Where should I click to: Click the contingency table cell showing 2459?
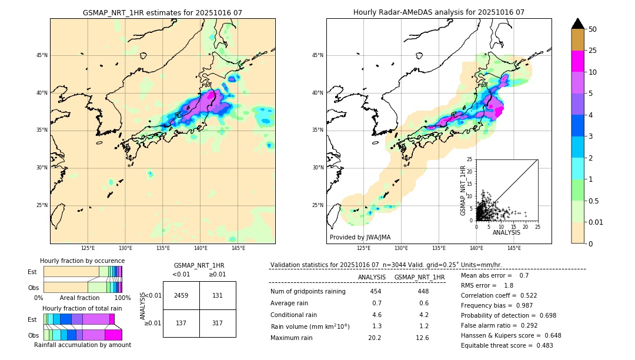point(181,295)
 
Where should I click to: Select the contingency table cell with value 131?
point(218,295)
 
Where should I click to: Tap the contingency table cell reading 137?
point(181,323)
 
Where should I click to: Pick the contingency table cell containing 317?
point(218,323)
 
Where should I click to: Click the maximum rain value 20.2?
point(375,338)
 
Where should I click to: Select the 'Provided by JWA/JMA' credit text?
point(360,237)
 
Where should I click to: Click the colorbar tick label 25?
point(593,51)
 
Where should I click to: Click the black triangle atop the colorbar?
point(578,24)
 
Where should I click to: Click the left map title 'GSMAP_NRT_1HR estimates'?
point(162,12)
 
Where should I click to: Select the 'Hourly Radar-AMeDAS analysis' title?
point(439,12)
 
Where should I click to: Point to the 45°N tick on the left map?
point(41,55)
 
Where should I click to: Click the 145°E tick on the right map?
point(514,248)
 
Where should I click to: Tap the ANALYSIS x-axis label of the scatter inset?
point(506,232)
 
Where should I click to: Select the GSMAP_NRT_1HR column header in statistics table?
point(419,277)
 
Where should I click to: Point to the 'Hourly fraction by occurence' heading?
point(82,261)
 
